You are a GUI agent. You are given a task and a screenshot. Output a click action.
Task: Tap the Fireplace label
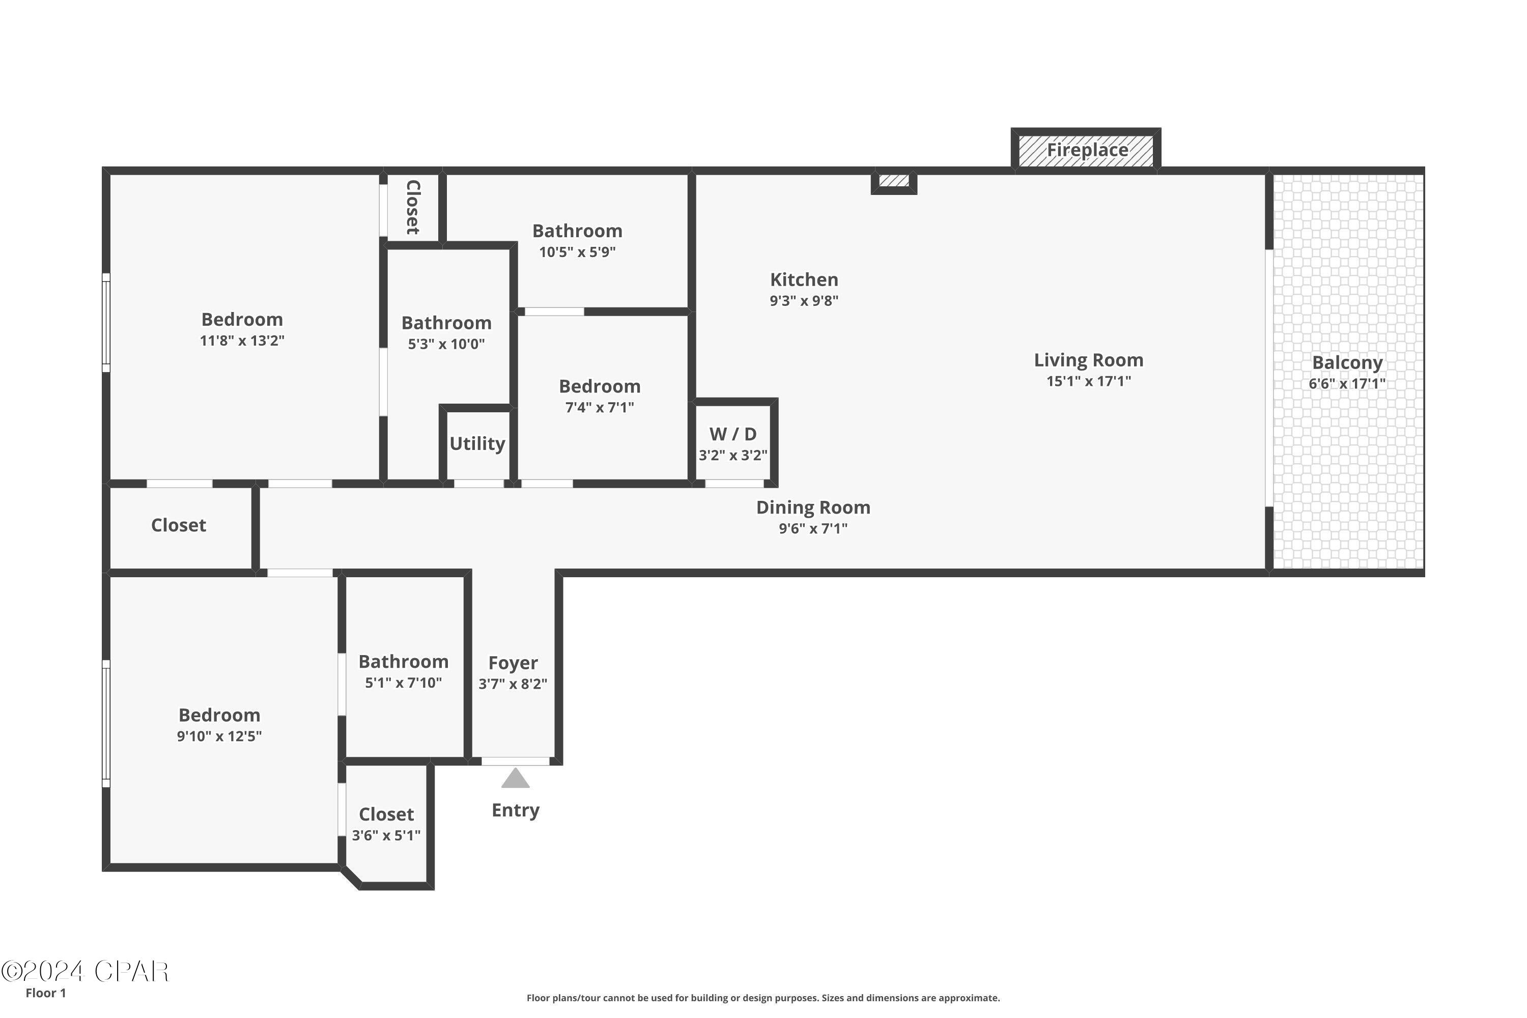click(1087, 150)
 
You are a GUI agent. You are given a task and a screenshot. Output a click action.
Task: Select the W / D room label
click(732, 434)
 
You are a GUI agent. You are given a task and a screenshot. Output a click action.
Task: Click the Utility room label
click(477, 443)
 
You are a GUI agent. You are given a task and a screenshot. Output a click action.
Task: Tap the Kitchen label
click(804, 280)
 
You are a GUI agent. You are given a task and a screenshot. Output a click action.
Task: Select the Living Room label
click(1088, 360)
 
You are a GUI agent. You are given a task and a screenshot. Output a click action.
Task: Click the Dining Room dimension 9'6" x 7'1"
click(813, 528)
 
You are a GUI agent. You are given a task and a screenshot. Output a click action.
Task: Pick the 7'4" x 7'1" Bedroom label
click(599, 386)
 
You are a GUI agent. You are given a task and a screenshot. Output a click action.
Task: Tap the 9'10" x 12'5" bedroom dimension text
click(219, 736)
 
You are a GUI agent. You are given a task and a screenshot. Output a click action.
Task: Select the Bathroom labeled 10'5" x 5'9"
click(577, 231)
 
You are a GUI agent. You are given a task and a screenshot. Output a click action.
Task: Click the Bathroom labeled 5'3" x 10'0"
click(446, 323)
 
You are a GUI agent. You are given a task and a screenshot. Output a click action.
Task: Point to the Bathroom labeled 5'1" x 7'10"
click(403, 662)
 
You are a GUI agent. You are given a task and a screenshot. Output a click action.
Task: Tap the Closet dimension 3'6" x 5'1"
click(386, 836)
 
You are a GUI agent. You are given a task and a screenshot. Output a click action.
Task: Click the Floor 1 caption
click(45, 993)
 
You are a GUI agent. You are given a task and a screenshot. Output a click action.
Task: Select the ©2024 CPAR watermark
click(84, 971)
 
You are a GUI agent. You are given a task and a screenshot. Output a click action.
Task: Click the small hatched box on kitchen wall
click(893, 181)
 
